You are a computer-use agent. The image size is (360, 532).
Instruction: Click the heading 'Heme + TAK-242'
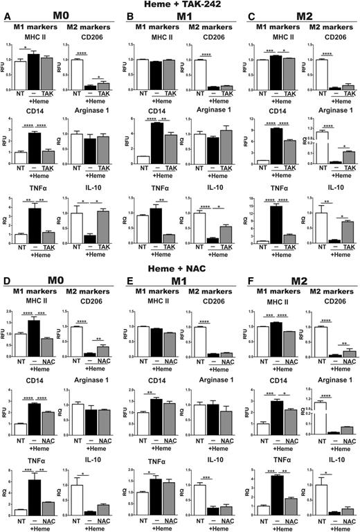tap(181, 6)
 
